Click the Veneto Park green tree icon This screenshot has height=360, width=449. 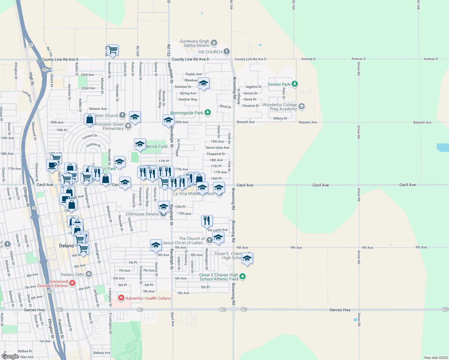[295, 84]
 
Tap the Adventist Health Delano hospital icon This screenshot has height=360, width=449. [121, 298]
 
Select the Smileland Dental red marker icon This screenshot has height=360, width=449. [72, 283]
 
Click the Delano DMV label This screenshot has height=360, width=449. [73, 274]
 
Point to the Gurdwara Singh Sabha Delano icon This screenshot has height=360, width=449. [214, 43]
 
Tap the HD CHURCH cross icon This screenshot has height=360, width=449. [227, 52]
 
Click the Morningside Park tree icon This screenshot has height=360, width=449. [207, 112]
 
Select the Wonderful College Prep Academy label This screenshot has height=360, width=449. [280, 107]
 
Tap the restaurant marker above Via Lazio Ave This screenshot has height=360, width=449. [207, 221]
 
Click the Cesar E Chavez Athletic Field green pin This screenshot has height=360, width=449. [243, 276]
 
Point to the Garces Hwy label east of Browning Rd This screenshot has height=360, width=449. [340, 310]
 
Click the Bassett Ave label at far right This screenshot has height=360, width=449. [422, 122]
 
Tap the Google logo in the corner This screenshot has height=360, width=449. [10, 356]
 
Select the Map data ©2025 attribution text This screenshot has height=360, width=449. [435, 358]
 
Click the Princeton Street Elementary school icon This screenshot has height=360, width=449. [128, 126]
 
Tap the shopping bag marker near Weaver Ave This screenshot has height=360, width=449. [90, 119]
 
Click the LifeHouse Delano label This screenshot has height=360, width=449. [142, 214]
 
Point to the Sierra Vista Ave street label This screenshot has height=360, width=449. [217, 148]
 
